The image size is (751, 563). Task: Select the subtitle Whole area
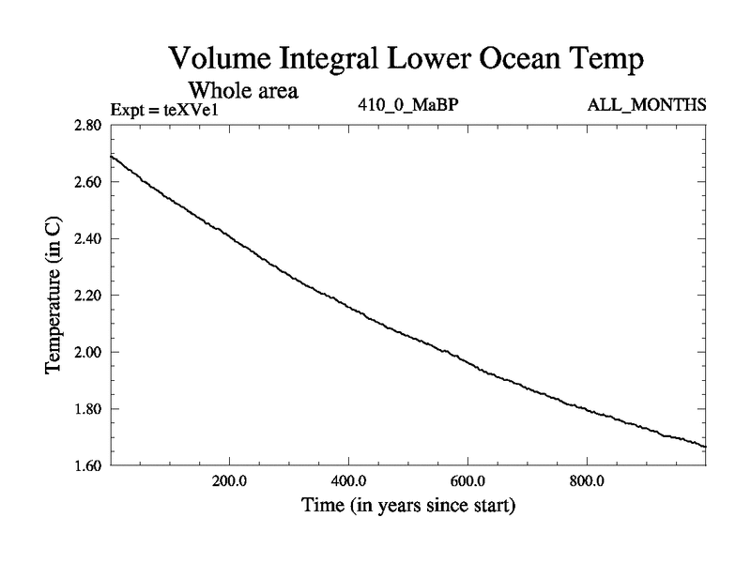point(244,91)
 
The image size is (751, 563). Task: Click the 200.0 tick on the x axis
point(229,481)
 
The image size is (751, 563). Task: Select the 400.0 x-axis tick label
point(348,481)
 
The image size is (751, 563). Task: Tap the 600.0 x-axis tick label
point(467,481)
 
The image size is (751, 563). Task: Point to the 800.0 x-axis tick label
point(587,481)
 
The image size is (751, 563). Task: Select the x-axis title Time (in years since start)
point(407,507)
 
